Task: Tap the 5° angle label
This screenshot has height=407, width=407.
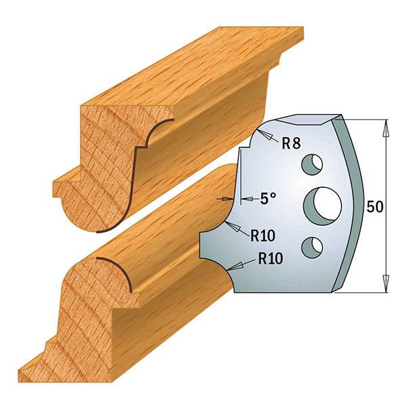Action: (x=268, y=199)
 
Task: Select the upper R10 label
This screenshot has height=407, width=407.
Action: (x=262, y=236)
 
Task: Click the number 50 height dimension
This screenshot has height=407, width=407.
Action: (x=374, y=208)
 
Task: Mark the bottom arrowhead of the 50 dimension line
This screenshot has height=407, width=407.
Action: (x=386, y=288)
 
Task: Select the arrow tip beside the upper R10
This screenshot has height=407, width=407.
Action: (x=229, y=225)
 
